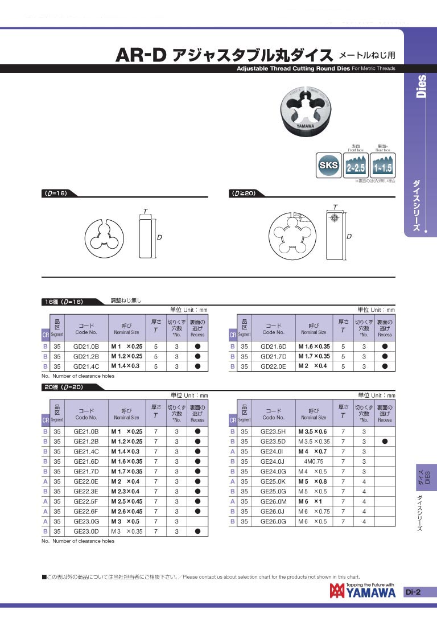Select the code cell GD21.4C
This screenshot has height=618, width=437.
[x=86, y=366]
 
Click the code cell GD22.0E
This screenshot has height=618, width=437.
[x=273, y=366]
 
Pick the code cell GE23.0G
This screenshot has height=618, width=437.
[x=86, y=521]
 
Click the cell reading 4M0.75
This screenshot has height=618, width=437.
[x=314, y=462]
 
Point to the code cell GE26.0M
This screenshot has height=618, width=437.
[x=273, y=501]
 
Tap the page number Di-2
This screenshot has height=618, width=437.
[x=413, y=592]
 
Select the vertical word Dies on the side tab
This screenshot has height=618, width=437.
[x=421, y=86]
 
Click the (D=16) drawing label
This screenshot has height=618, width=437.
[x=56, y=193]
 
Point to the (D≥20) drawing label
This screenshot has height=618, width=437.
[x=242, y=193]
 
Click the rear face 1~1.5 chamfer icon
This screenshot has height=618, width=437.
[x=383, y=166]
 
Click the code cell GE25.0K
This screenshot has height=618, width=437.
[x=273, y=481]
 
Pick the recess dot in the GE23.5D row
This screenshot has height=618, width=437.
[x=385, y=442]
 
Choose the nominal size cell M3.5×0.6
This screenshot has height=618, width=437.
[x=314, y=431]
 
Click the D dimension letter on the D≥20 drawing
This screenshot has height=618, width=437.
[x=349, y=236]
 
